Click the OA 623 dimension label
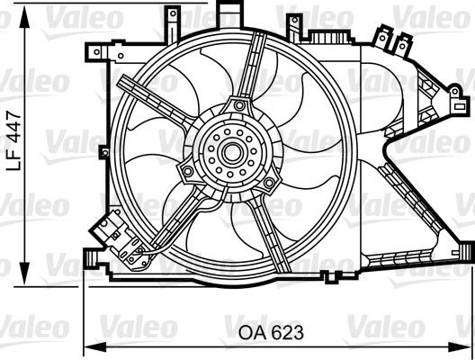point(271,331)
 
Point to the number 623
point(285,331)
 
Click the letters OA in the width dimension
point(251,331)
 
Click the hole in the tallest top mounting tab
point(233,12)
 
